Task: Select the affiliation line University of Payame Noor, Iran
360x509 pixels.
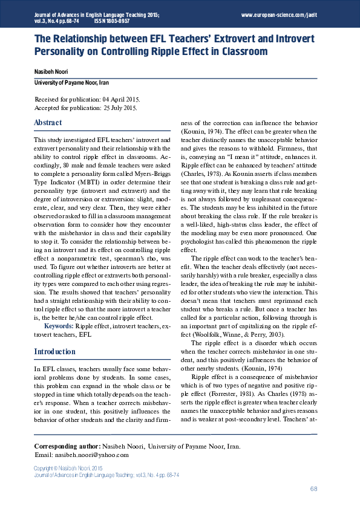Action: coord(71,83)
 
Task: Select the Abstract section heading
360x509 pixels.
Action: coord(48,123)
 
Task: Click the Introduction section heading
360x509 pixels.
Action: coord(54,351)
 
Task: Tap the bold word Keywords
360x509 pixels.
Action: coord(59,326)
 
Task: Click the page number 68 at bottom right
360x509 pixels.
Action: coord(313,488)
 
